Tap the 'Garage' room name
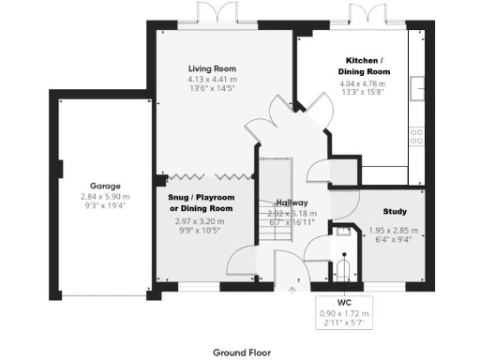click(x=105, y=187)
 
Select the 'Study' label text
click(x=394, y=212)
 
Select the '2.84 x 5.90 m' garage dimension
click(x=105, y=198)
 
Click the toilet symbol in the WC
click(x=346, y=270)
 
